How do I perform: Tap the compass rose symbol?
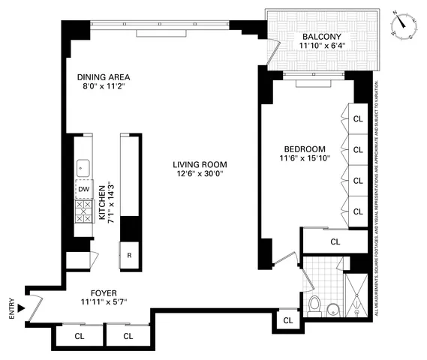click(x=404, y=26)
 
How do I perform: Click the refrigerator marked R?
click(x=130, y=254)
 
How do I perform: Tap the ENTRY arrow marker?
click(x=21, y=307)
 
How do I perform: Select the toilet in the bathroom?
click(x=316, y=305)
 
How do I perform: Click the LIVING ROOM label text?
click(x=199, y=165)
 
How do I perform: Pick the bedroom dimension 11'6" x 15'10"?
click(x=305, y=159)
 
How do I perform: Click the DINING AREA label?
click(x=104, y=76)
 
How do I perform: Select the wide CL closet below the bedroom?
click(x=335, y=241)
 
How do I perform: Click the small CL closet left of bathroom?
click(x=289, y=321)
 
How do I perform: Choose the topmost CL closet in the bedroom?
click(x=358, y=118)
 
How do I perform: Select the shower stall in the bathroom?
click(x=356, y=296)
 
